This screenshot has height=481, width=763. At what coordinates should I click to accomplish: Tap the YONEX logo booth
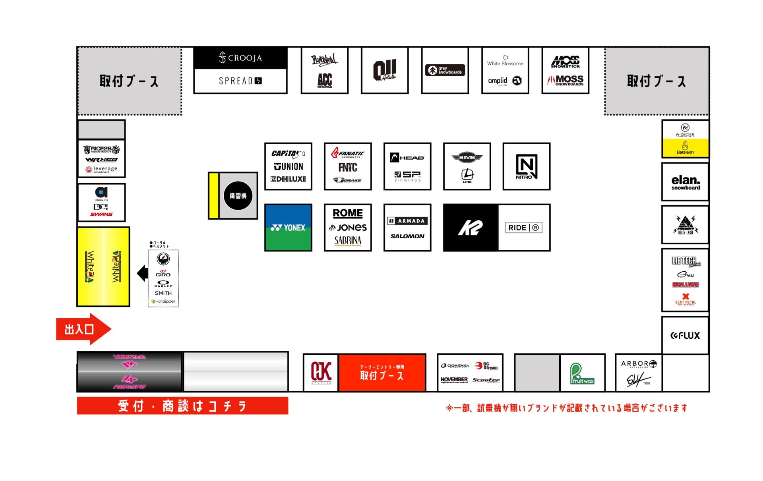[288, 228]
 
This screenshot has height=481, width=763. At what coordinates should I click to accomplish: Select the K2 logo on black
[470, 228]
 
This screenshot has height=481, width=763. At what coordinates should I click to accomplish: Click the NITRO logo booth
[526, 166]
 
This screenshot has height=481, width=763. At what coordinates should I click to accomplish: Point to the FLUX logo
[685, 336]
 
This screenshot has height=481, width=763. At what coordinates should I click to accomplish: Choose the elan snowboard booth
[685, 182]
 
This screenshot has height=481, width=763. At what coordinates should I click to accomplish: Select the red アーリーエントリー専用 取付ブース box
[382, 373]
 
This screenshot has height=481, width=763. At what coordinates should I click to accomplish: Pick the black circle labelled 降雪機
[238, 196]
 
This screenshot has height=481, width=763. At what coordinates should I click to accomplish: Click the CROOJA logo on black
[240, 58]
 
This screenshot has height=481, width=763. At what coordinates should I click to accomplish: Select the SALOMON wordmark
[407, 236]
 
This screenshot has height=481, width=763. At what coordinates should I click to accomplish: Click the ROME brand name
[348, 213]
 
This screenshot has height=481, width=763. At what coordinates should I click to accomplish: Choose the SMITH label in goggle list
[163, 293]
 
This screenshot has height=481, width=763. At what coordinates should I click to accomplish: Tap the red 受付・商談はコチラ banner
[182, 406]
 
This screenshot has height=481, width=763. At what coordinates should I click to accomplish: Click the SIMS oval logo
[467, 158]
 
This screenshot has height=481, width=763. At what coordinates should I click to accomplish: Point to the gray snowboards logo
[445, 70]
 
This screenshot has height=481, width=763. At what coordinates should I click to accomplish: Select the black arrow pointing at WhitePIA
[142, 273]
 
